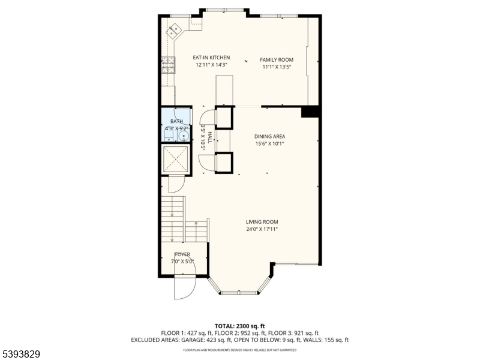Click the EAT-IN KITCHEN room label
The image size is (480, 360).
click(x=211, y=58)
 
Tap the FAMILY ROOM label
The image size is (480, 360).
click(x=276, y=60)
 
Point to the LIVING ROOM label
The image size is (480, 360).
click(x=262, y=222)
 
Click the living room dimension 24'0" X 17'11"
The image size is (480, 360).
click(x=262, y=229)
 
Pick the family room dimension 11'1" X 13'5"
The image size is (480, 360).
click(x=276, y=67)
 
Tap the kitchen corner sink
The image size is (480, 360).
click(x=176, y=28)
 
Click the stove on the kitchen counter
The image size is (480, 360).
click(x=167, y=63)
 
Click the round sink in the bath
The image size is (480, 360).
click(x=183, y=136)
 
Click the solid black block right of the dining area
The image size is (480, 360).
click(x=310, y=112)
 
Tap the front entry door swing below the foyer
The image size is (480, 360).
click(x=182, y=288)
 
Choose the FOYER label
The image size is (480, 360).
click(x=182, y=254)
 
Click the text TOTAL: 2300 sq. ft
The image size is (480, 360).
click(x=239, y=326)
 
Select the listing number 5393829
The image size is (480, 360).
click(x=21, y=354)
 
